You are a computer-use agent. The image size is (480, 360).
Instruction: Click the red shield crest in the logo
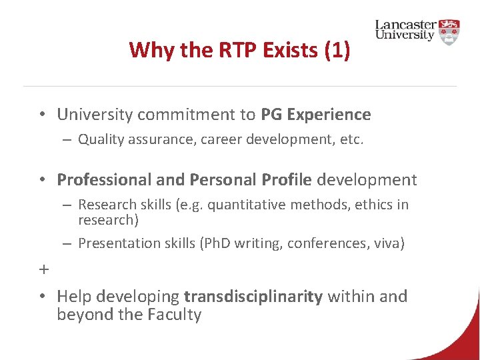point(449,31)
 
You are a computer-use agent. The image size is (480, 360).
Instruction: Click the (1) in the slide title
point(336,50)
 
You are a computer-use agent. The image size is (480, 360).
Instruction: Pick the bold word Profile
point(287,180)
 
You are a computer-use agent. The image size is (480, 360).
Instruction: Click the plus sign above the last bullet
point(44,270)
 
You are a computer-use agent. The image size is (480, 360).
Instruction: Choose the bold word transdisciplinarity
point(253,297)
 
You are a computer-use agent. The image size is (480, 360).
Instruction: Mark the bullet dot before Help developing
point(41,297)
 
